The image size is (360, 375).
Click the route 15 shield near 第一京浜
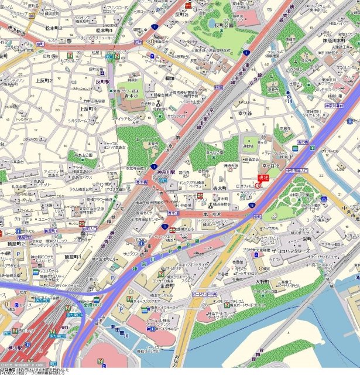pos(252,206)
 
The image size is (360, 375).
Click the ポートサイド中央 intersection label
pos(205,293)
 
